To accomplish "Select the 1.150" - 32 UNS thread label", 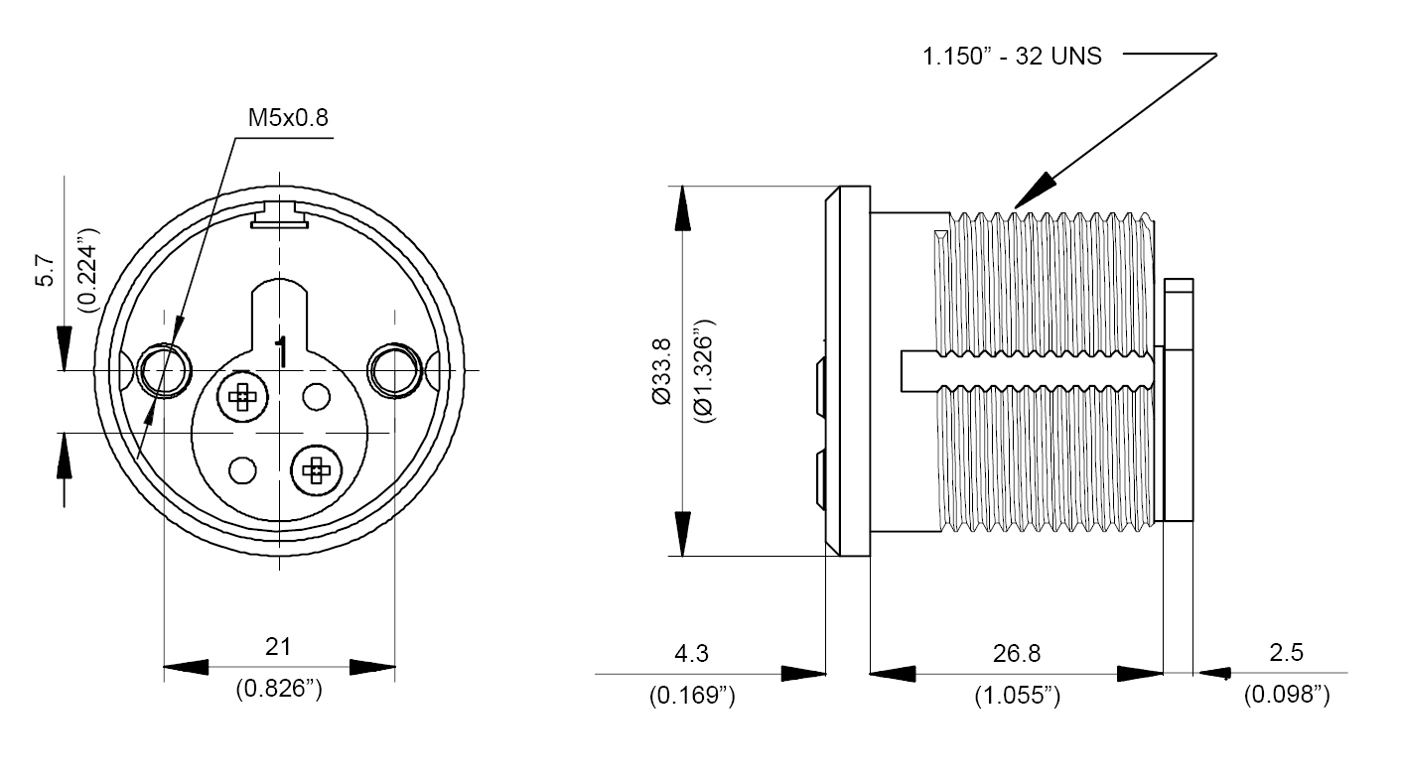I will [1012, 57].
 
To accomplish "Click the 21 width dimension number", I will [278, 647].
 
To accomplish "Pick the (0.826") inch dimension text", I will [278, 690].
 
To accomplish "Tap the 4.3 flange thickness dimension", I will [692, 653].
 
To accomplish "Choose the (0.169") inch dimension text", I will [692, 697].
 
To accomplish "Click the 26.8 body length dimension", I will [1017, 653].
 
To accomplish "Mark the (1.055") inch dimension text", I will [1017, 697].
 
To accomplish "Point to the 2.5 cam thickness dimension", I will [1286, 653].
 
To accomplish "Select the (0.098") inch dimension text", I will [1286, 697].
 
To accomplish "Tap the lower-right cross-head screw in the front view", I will [317, 470].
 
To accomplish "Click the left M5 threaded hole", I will [164, 370].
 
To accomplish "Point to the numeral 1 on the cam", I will [282, 352].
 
